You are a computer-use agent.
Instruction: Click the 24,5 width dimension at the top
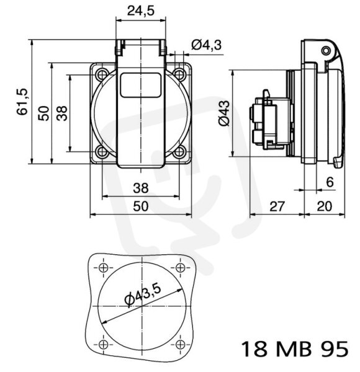click(x=140, y=11)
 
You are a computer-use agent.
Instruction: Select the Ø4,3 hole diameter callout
click(x=206, y=45)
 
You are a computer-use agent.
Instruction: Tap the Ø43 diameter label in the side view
click(x=224, y=113)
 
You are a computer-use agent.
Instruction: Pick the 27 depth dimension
click(x=277, y=206)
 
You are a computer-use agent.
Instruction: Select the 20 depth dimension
click(x=325, y=206)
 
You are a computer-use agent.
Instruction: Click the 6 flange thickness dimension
click(x=330, y=182)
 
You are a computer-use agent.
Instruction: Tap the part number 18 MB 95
click(x=295, y=348)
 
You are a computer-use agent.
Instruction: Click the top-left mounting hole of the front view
click(x=102, y=74)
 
